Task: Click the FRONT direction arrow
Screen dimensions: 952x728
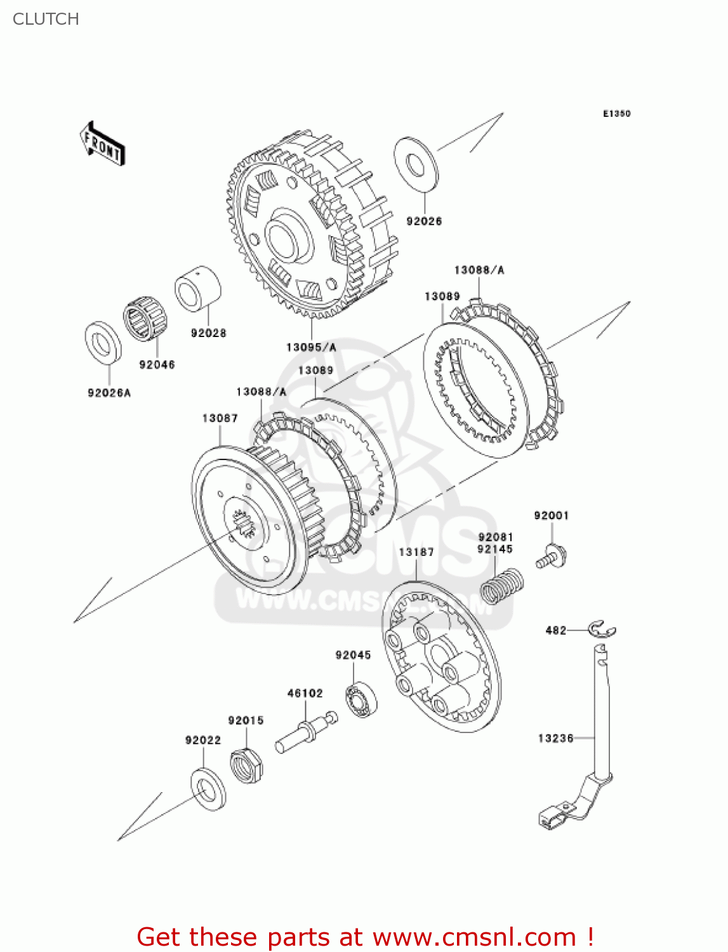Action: coord(102,145)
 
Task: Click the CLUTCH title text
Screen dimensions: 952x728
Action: coord(46,19)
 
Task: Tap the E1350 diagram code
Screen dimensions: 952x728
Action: coord(616,114)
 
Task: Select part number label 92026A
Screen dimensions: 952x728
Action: coord(109,393)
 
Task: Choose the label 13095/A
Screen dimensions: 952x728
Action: coord(311,347)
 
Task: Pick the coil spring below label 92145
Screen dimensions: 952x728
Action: coord(501,585)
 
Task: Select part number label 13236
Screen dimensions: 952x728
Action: coord(555,738)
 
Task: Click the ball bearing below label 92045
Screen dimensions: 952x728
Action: coord(361,700)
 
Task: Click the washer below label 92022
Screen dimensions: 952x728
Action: coord(208,788)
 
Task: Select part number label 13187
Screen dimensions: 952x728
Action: coord(416,552)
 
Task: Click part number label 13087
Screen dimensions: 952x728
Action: coord(220,418)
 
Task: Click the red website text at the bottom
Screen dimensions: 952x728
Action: coord(365,937)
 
